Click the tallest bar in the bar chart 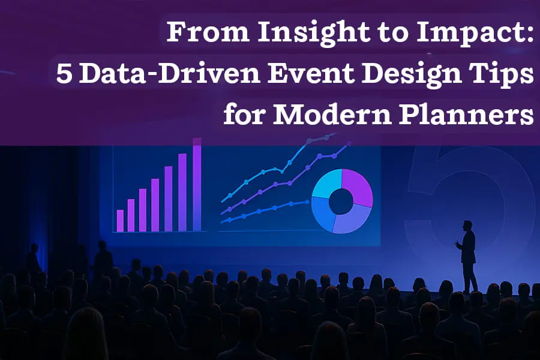[196, 186]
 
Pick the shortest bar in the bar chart [120, 220]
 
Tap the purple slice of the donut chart [358, 187]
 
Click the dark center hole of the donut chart [341, 202]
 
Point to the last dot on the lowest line [305, 203]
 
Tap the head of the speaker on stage [467, 225]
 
